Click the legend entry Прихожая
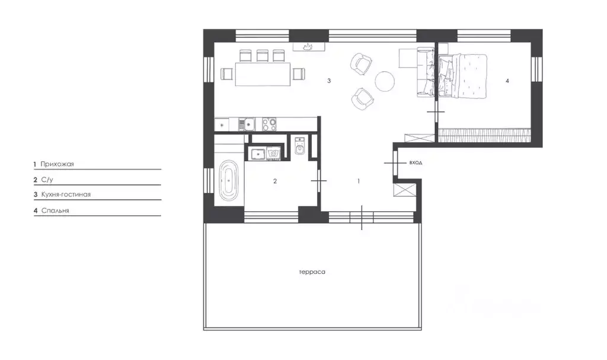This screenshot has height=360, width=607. (57, 164)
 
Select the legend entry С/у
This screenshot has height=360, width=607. (47, 180)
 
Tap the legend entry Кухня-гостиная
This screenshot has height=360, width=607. (66, 195)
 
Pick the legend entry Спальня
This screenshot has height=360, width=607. (55, 211)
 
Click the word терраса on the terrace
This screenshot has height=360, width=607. (312, 272)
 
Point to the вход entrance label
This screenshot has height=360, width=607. (416, 163)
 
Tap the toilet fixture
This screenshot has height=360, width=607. (299, 146)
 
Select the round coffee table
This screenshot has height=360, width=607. (385, 81)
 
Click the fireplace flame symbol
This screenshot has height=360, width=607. (308, 47)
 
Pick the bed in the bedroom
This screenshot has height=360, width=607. (462, 77)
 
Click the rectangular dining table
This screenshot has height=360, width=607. (263, 74)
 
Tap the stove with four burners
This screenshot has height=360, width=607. (270, 125)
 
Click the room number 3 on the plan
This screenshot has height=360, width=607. (329, 81)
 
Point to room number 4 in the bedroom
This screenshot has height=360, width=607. (507, 81)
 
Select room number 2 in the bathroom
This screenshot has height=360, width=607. (275, 181)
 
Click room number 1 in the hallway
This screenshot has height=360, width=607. (359, 181)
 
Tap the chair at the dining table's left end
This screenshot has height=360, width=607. (227, 74)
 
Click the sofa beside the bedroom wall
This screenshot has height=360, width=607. (426, 72)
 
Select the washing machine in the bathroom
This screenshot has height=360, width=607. (274, 154)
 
